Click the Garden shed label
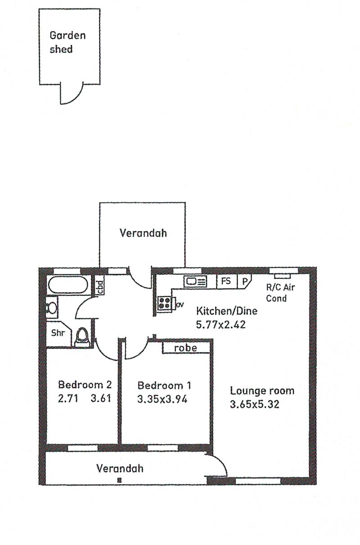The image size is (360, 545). coord(67,42)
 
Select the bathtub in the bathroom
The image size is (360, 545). coord(68,285)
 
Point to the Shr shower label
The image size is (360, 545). coord(58,333)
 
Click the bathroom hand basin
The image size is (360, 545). coord(52,308)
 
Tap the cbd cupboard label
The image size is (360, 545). coord(99,287)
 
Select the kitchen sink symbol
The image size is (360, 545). coord(195,281)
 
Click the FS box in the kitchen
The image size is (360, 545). coord(226,281)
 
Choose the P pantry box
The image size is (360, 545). coord(244,281)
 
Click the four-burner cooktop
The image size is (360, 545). coord(164,304)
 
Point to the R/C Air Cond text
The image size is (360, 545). coord(280,293)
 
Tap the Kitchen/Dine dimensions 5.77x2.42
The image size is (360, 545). coord(221,325)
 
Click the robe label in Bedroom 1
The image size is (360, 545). coord(185,348)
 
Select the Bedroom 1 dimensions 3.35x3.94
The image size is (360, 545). coord(162,399)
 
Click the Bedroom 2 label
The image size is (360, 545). coord(85,384)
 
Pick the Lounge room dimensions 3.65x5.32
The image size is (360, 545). coord(255,404)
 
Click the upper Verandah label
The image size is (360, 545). coord(143,233)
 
